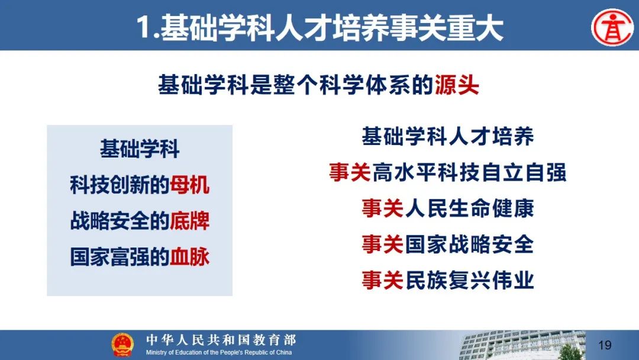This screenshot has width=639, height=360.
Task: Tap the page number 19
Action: tap(605, 345)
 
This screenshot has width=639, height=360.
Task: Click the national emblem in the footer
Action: tap(122, 345)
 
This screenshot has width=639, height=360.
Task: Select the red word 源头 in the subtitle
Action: tap(456, 85)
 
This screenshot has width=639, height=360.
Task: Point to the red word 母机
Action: tap(189, 185)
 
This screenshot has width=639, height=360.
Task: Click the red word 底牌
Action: tap(189, 221)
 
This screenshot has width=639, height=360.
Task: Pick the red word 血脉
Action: tap(189, 257)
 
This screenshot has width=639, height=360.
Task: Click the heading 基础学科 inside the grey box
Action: tap(140, 149)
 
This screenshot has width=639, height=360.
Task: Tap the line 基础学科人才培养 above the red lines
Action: tap(447, 136)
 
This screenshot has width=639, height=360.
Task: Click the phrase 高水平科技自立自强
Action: tap(469, 172)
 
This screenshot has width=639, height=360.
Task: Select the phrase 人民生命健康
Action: tap(469, 208)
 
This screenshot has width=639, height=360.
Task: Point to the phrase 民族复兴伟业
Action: tap(469, 281)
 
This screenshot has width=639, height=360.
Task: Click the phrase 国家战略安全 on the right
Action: tap(469, 245)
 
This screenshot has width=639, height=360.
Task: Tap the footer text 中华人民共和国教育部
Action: tap(221, 340)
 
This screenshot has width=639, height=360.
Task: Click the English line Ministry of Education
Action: tap(219, 352)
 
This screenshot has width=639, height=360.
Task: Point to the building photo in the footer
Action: tap(522, 345)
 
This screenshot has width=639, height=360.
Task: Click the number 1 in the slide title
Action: tap(143, 28)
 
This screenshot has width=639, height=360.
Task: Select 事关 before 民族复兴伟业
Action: tap(383, 281)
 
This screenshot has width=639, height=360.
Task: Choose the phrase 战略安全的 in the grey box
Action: tap(120, 221)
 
